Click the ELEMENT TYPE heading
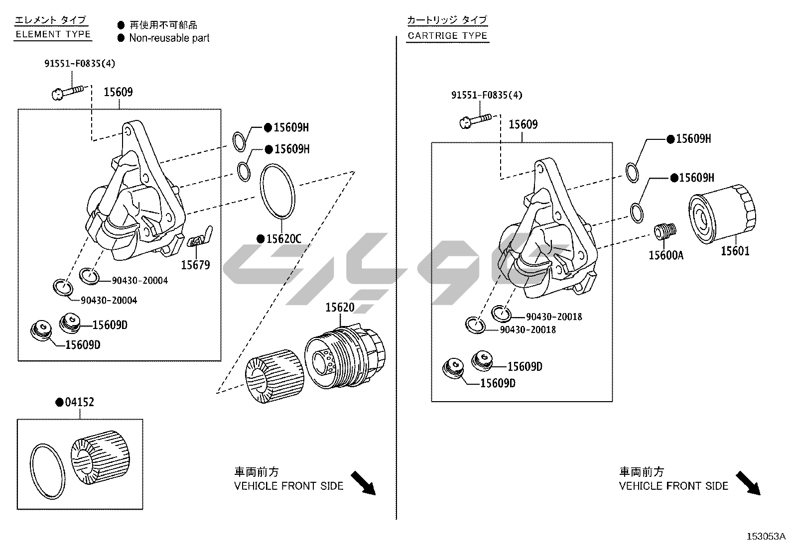click(53, 34)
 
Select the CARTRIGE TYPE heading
click(447, 35)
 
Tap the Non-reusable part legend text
click(169, 38)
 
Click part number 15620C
click(283, 239)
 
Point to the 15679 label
click(195, 265)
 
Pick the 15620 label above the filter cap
click(340, 307)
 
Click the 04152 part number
click(80, 402)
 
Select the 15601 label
click(735, 251)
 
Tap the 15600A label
click(666, 255)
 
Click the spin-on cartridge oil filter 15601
click(722, 214)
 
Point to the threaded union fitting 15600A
click(665, 231)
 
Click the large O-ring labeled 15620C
click(277, 192)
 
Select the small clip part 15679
click(200, 237)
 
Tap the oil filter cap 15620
click(345, 357)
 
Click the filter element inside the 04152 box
click(100, 457)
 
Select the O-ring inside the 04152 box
click(48, 471)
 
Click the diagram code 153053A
click(766, 537)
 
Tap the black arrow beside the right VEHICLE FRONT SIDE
click(748, 483)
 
